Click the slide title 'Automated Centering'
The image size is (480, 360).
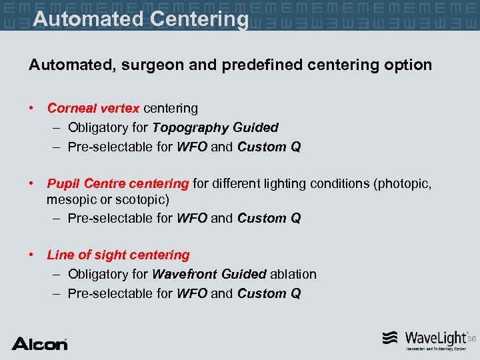141,18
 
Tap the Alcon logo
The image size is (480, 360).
39,343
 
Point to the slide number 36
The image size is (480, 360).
472,339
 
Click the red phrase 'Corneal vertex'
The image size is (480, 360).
93,108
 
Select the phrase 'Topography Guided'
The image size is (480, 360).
215,127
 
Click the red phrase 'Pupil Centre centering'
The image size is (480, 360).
118,183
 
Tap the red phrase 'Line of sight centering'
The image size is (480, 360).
118,255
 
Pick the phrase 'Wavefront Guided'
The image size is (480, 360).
209,274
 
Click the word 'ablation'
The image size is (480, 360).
293,274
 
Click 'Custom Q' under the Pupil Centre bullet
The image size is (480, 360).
269,218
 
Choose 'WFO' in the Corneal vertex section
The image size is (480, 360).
191,147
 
